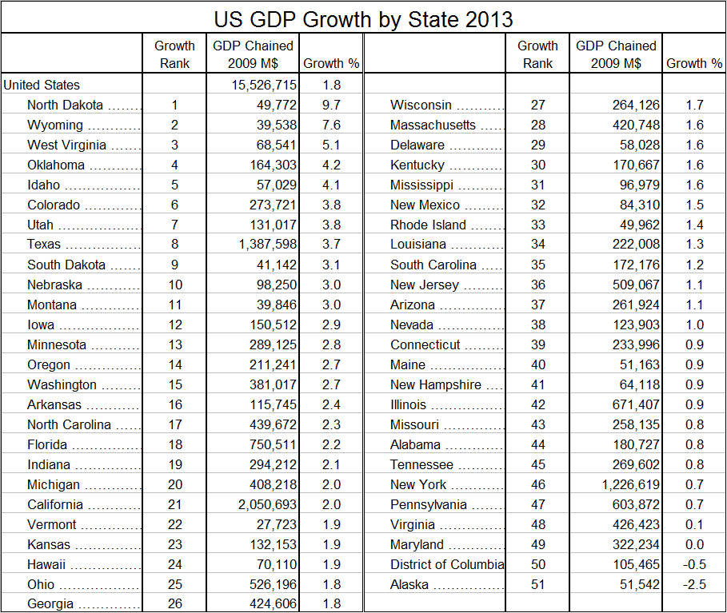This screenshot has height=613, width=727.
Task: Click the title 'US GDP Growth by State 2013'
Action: coord(363,18)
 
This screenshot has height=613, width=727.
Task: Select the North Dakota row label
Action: coord(65,105)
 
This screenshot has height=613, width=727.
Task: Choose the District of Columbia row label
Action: coord(447,564)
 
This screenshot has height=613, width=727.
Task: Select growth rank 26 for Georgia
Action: coord(174,604)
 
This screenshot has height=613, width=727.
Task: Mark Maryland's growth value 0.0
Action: coord(694,544)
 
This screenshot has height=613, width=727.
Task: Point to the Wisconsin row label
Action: coord(421,105)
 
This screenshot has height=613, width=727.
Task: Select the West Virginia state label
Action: coord(66,145)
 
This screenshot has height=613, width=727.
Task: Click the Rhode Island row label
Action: coord(428,225)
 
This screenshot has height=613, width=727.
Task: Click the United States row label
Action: coord(42,85)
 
